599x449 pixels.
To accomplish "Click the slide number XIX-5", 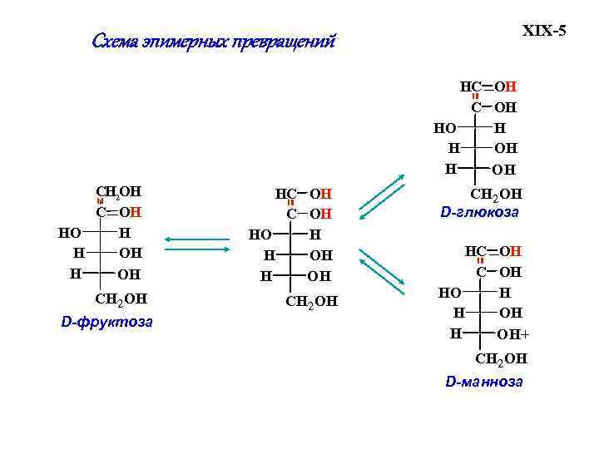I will [543, 32].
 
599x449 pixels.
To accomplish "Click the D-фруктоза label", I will [106, 322].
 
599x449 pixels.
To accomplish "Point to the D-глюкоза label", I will [479, 212].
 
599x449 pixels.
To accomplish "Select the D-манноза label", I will [484, 382].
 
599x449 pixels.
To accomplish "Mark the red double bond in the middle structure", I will [291, 203].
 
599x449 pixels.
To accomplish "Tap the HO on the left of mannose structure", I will [449, 292].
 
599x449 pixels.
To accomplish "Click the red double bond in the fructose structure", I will [100, 201].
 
